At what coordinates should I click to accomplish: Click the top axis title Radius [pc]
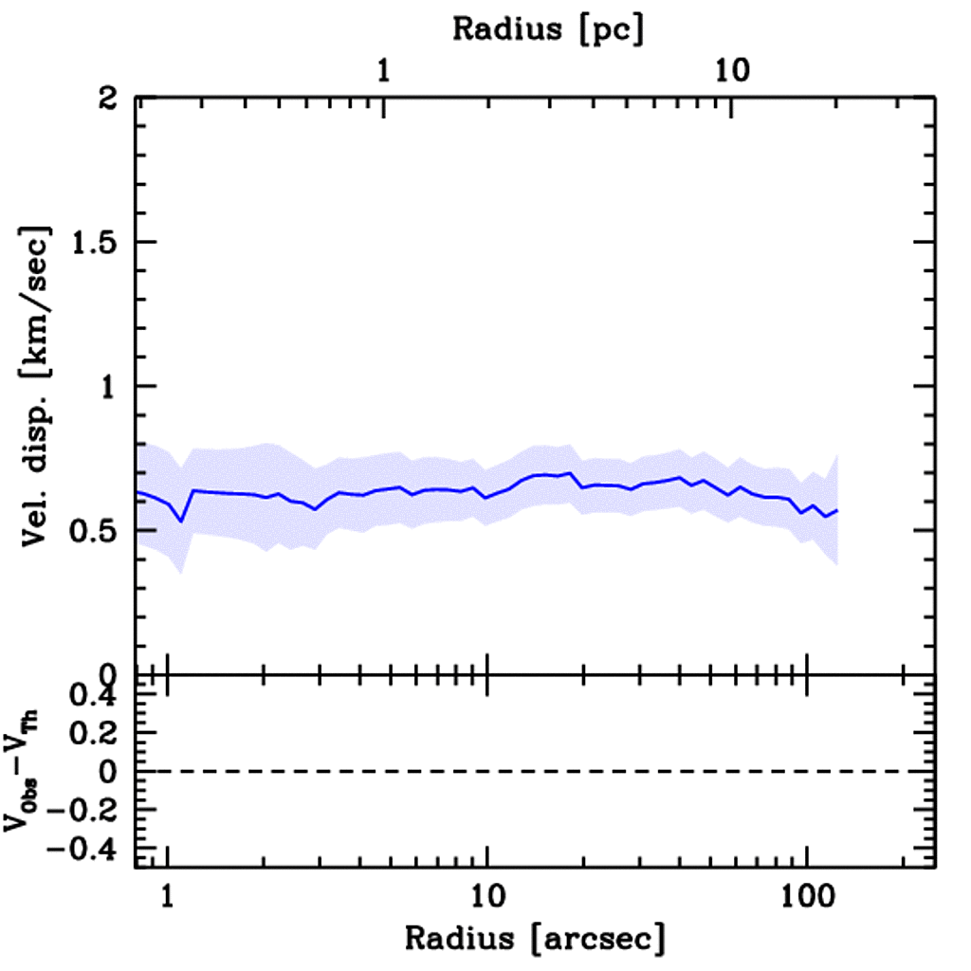coord(548,28)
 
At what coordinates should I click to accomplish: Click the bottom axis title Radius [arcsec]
coord(536,939)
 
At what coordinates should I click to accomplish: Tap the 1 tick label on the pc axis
coord(384,70)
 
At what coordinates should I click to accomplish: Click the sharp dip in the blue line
coord(181,521)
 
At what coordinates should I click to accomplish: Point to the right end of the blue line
coord(837,510)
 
